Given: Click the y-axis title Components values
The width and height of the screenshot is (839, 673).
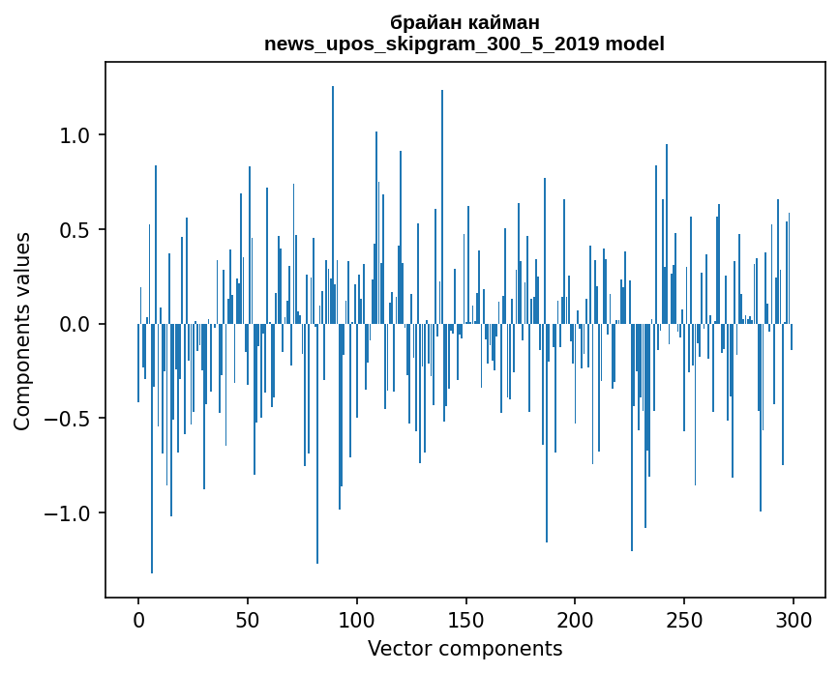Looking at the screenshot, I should pos(22,331).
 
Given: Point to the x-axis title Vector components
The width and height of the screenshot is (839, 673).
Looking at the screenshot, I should pos(464,648).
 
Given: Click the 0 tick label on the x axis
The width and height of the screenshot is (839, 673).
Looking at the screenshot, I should pos(138,618).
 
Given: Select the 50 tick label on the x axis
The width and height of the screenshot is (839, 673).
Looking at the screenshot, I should pos(248,618).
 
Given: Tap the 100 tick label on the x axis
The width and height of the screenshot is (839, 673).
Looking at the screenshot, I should pos(357,618).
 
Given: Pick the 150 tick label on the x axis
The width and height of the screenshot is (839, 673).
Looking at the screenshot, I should pos(466,618).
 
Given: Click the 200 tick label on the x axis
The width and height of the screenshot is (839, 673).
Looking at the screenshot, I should pos(576,618).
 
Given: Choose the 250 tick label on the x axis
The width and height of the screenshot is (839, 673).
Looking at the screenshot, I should pos(685,618).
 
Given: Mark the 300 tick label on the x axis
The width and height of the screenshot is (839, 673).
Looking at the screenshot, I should pos(794,618).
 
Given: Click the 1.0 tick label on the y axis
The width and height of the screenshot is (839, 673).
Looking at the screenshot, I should pos(75,135).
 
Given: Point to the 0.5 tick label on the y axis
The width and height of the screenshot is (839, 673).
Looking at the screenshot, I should pos(75,230).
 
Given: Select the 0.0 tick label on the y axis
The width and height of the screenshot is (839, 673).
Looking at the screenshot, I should pos(75,324).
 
